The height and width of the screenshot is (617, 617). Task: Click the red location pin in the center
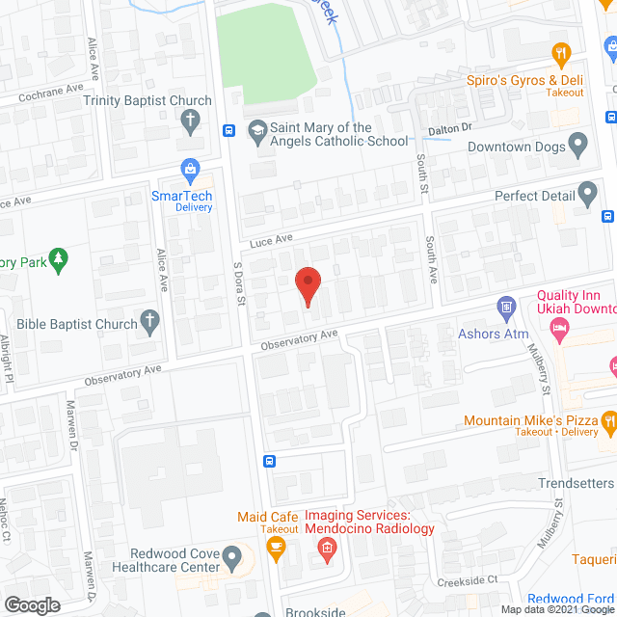click(307, 285)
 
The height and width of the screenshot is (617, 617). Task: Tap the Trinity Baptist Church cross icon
click(191, 121)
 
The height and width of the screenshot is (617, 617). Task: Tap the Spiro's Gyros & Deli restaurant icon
click(558, 53)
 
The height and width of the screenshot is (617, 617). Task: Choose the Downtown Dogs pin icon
click(577, 147)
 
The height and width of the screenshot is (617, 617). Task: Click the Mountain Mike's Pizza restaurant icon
click(608, 420)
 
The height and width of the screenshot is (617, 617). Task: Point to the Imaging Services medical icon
click(326, 550)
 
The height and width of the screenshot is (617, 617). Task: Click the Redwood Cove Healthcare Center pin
click(231, 557)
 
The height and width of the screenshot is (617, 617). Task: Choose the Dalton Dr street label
click(450, 127)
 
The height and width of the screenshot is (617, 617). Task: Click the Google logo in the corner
click(31, 604)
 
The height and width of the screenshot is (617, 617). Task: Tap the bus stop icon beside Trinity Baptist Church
click(229, 130)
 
